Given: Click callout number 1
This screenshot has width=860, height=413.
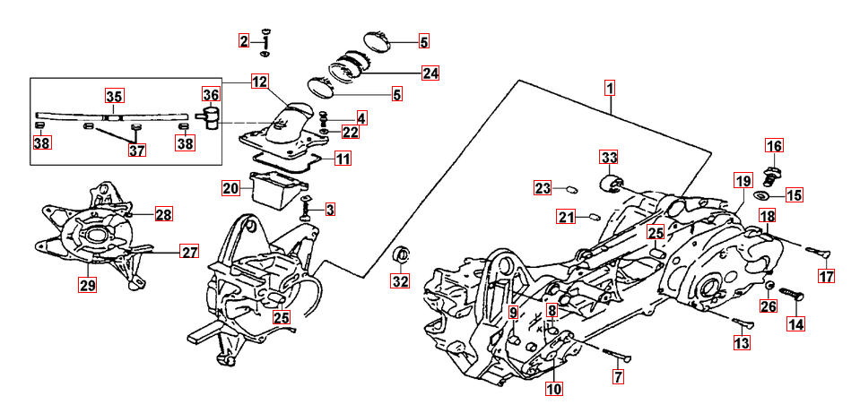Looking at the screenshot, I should click(609, 90).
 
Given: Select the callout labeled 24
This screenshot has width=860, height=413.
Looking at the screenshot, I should click(430, 73).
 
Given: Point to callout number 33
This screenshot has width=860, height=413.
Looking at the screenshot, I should click(610, 159).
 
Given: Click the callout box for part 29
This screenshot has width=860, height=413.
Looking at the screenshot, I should click(87, 286).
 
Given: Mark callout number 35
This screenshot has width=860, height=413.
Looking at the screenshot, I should click(115, 96).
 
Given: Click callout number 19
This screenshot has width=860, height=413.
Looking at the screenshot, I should click(742, 182).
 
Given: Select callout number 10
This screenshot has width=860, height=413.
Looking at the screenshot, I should click(552, 389).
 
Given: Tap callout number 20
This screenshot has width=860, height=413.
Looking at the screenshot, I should click(231, 188).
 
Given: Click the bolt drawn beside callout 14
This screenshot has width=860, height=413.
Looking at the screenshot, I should click(787, 293).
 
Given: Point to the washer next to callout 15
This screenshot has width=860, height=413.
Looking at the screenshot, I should click(761, 195).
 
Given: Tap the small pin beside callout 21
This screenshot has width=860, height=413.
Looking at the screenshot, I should click(591, 216).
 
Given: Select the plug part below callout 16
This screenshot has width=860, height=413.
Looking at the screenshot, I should click(773, 170).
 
